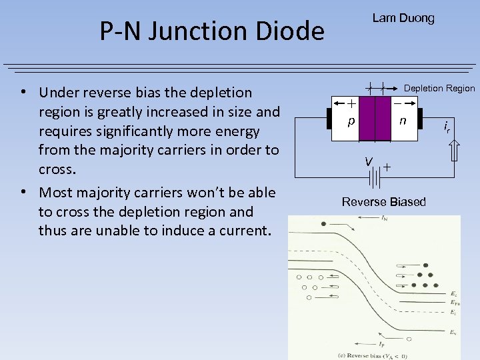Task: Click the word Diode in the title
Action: tap(290, 31)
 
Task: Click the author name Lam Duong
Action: tap(403, 18)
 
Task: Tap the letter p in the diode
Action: tap(349, 122)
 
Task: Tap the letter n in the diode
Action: tap(402, 121)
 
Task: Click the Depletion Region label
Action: tap(439, 88)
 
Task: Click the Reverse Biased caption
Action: tap(383, 201)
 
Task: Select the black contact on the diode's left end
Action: tap(330, 119)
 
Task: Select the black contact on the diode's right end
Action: tap(420, 119)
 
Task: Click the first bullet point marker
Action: tap(23, 91)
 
